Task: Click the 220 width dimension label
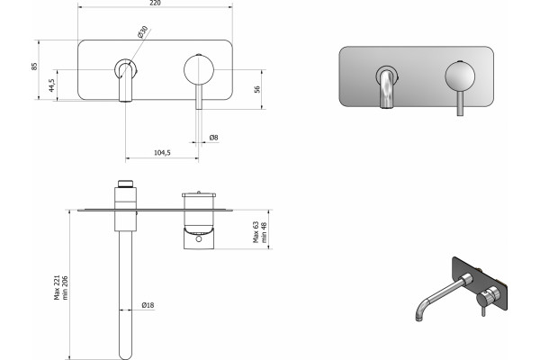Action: point(156,3)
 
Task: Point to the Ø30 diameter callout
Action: point(142,31)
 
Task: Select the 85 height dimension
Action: point(34,67)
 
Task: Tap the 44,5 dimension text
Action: point(51,85)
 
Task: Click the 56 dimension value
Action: point(256,89)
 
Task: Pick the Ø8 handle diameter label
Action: point(213,138)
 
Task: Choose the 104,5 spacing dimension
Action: point(162,153)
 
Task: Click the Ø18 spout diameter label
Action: point(148,305)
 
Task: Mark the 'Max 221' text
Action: point(57,287)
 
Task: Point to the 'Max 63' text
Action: point(256,232)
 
